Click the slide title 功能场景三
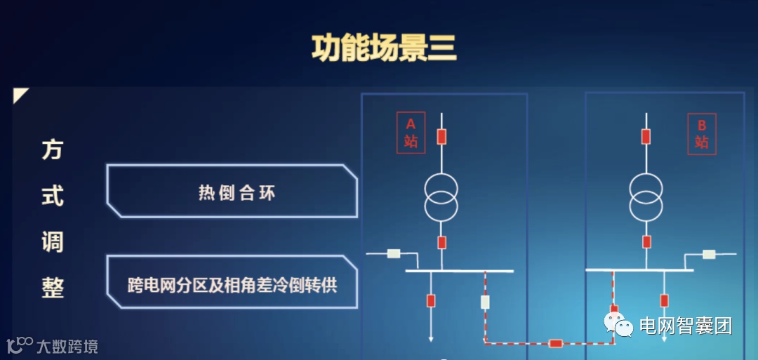384,48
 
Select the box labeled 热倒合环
237,192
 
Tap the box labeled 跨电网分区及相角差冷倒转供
232,285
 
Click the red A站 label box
411,133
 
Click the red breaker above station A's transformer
441,137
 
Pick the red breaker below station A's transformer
441,243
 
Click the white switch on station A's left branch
394,253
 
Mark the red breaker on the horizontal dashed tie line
556,343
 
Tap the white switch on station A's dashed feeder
485,302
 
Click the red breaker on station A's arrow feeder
431,301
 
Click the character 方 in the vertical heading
53,149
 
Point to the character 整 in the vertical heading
53,287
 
